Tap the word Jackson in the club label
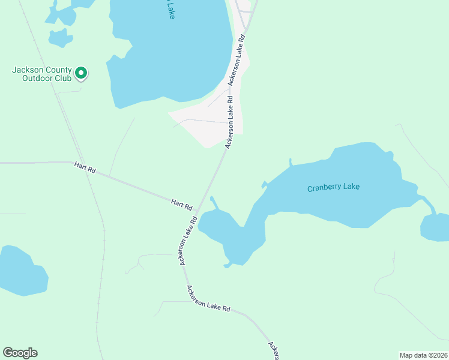[x=26, y=70]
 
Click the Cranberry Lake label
[x=333, y=187]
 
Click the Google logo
[x=20, y=353]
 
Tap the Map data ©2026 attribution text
[x=423, y=355]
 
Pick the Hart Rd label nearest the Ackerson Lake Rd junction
[x=181, y=204]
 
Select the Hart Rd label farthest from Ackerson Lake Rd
[x=85, y=167]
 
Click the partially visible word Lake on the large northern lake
[x=170, y=10]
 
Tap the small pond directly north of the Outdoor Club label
[x=59, y=38]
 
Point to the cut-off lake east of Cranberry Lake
[x=435, y=227]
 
